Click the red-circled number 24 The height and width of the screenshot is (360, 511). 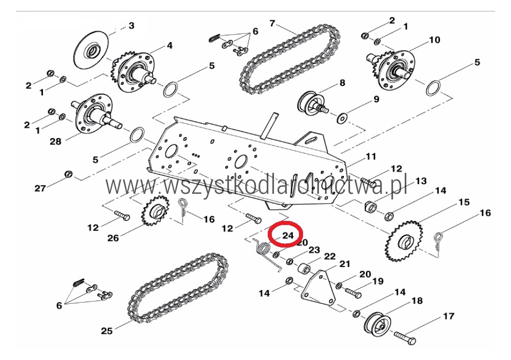click(x=288, y=235)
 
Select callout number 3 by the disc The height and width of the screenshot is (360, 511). click(x=131, y=26)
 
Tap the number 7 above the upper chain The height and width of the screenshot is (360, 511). click(x=272, y=24)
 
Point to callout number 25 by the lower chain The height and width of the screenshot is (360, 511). click(x=107, y=331)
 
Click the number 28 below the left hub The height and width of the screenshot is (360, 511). click(x=55, y=142)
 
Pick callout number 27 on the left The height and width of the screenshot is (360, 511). click(x=40, y=188)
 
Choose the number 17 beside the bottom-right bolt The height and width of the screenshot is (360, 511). click(x=449, y=316)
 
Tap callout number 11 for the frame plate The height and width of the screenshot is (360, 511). click(x=371, y=156)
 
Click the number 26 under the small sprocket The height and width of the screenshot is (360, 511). click(x=113, y=238)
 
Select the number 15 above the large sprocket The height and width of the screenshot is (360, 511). click(x=464, y=202)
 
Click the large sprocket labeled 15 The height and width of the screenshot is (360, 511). click(x=404, y=241)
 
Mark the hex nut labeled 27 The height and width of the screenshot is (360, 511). click(x=68, y=174)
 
